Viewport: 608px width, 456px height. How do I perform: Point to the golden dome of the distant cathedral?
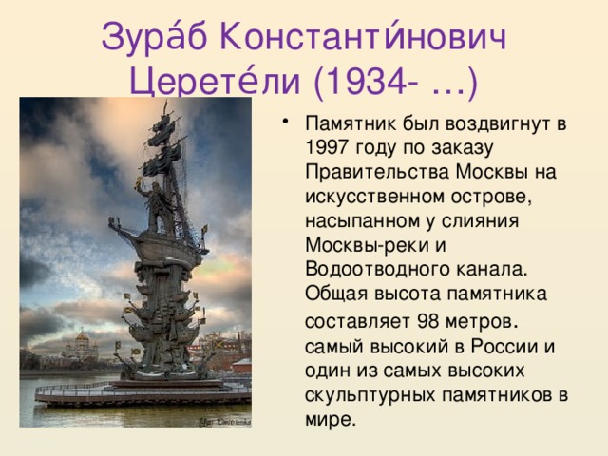(82, 336)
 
